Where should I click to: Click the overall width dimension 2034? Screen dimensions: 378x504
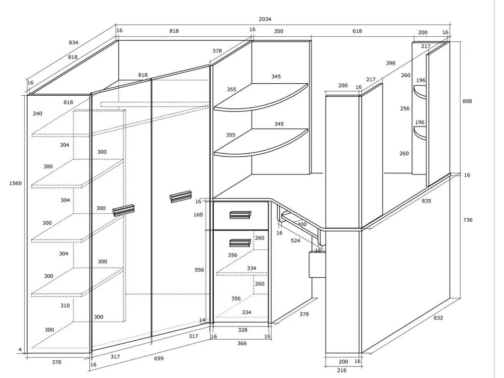265,19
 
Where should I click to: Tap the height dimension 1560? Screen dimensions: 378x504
16,183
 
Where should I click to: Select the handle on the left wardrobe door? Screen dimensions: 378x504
123,210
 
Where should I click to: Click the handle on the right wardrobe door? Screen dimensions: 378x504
180,196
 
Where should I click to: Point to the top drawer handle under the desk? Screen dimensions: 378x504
240,215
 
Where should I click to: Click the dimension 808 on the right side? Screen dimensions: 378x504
467,101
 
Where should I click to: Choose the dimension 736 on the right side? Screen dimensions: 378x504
467,220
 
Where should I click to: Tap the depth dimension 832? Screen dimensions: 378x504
438,318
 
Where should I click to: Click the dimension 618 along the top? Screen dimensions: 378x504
357,31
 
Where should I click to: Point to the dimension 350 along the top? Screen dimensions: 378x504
278,31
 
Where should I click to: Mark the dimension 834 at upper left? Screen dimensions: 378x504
73,43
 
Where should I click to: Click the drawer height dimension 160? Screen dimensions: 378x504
198,215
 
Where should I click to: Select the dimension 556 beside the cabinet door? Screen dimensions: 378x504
200,270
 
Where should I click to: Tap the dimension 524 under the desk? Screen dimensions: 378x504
295,241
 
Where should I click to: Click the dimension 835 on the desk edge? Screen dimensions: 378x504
426,201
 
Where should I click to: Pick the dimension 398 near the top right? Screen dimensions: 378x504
391,64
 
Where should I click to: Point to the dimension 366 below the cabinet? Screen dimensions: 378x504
242,343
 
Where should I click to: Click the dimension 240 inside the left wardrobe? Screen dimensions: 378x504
38,114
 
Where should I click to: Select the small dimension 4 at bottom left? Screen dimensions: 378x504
20,350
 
